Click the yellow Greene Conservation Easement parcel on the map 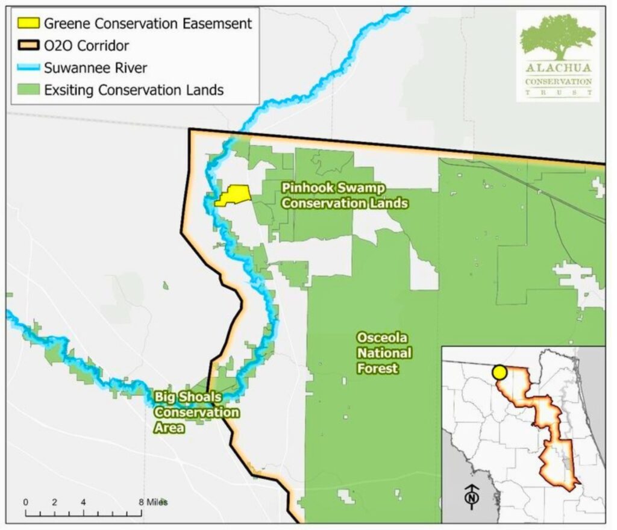pos(233,195)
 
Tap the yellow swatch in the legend pos(27,24)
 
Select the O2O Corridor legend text pos(86,46)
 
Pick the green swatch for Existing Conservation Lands pos(27,90)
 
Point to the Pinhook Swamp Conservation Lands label pos(345,196)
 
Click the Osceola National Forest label pos(384,352)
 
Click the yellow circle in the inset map pos(499,372)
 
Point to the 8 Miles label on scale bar pos(154,502)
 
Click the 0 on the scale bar pos(25,502)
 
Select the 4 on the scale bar pos(83,502)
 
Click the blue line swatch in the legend pos(27,68)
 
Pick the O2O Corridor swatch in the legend pos(27,46)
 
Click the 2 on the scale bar pos(54,502)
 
